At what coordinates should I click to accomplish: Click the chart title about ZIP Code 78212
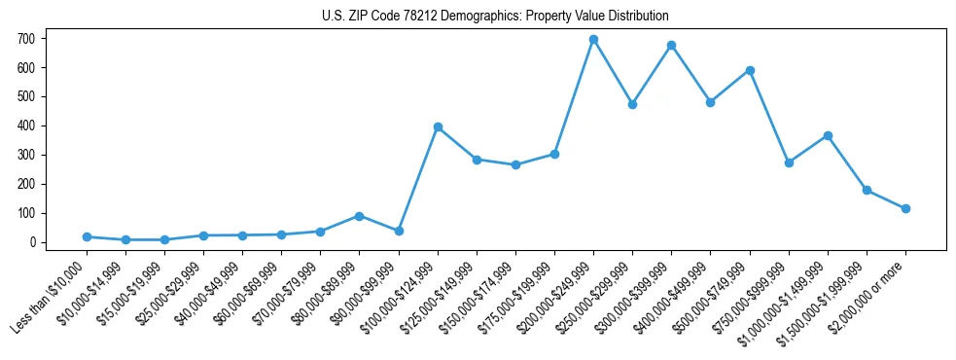click(495, 17)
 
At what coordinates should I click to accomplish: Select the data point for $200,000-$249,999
click(593, 40)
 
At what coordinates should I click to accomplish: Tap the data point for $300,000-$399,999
click(671, 46)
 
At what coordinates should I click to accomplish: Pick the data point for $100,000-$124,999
click(438, 127)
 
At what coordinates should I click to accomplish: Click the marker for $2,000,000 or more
click(905, 208)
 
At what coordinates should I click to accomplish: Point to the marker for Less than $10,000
click(87, 236)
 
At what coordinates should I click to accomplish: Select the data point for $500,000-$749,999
click(750, 70)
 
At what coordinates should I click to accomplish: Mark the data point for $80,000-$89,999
click(360, 216)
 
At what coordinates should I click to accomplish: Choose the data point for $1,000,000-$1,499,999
click(828, 135)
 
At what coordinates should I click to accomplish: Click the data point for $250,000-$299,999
click(632, 104)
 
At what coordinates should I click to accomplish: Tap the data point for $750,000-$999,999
click(789, 162)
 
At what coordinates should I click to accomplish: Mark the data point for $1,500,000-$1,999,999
click(867, 190)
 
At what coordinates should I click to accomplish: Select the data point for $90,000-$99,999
click(399, 231)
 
